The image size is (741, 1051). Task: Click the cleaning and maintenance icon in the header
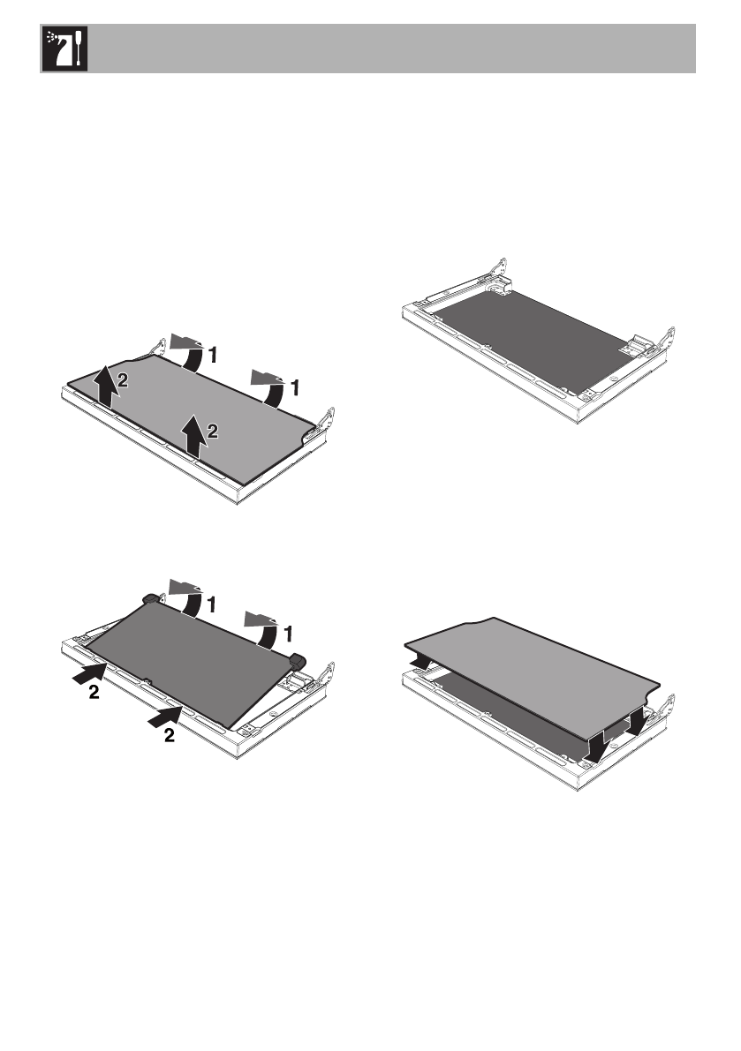[x=65, y=49]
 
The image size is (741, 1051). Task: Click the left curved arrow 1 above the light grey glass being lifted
[x=188, y=353]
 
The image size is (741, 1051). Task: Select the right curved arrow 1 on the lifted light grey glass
[x=270, y=387]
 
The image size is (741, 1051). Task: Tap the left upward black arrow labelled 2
[x=103, y=387]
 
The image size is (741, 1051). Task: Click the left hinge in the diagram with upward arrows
[x=157, y=347]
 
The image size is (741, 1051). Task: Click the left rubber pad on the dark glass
[x=150, y=598]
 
